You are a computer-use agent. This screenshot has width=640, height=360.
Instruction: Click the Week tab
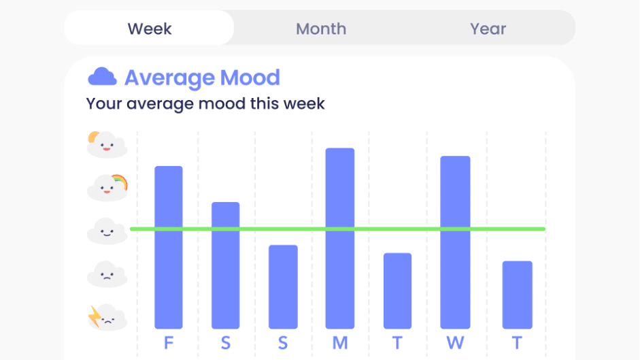pyautogui.click(x=150, y=28)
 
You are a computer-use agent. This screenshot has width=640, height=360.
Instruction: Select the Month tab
pyautogui.click(x=321, y=29)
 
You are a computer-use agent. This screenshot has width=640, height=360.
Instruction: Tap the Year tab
pyautogui.click(x=488, y=29)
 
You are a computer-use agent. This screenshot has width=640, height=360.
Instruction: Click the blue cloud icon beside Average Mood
pyautogui.click(x=102, y=76)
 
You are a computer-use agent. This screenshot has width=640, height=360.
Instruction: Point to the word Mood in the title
pyautogui.click(x=250, y=78)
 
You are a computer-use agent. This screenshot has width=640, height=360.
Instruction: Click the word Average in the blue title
pyautogui.click(x=170, y=78)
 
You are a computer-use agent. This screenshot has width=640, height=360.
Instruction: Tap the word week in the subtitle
pyautogui.click(x=304, y=103)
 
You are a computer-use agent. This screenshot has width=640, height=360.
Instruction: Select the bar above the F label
pyautogui.click(x=169, y=247)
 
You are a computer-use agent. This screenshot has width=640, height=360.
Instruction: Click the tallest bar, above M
pyautogui.click(x=340, y=238)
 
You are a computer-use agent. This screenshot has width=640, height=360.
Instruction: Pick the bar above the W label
pyautogui.click(x=455, y=242)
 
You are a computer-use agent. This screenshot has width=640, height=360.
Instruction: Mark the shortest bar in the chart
pyautogui.click(x=517, y=295)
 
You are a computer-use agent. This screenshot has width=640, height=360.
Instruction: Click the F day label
pyautogui.click(x=169, y=343)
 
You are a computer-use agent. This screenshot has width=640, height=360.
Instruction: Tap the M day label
pyautogui.click(x=340, y=343)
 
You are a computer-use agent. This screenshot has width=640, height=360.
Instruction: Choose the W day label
pyautogui.click(x=455, y=343)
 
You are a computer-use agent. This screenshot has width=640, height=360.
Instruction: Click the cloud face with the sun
pyautogui.click(x=107, y=145)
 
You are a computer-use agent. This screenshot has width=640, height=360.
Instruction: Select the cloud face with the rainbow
pyautogui.click(x=107, y=188)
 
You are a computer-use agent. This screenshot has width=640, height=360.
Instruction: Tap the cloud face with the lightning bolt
pyautogui.click(x=107, y=317)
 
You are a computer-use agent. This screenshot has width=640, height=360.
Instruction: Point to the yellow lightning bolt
pyautogui.click(x=95, y=316)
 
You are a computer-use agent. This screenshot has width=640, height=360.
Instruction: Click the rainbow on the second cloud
pyautogui.click(x=120, y=182)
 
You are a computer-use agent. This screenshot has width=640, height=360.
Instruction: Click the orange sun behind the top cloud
pyautogui.click(x=92, y=137)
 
